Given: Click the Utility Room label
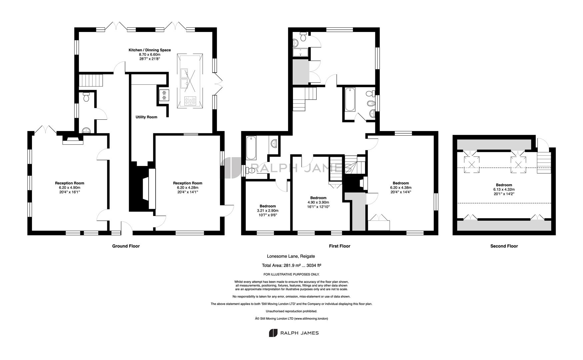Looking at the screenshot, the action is (x=146, y=117).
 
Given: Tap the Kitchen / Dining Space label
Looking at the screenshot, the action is (x=150, y=50).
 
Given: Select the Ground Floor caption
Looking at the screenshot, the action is (x=126, y=246).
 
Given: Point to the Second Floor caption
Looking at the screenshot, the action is (x=504, y=246).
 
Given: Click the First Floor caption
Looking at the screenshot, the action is (x=340, y=246).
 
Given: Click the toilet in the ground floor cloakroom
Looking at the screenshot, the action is (x=86, y=97).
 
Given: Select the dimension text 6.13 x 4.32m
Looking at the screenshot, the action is (x=504, y=189).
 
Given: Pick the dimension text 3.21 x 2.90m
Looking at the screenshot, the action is (x=268, y=211).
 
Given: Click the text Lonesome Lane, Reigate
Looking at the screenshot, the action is (x=291, y=256).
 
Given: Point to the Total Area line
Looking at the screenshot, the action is (x=292, y=266).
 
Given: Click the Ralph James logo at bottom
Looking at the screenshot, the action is (x=294, y=333).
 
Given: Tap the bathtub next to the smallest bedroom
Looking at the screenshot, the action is (x=251, y=148).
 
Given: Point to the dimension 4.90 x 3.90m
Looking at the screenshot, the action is (x=318, y=202).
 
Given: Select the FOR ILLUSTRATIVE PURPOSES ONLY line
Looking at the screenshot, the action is (x=291, y=274).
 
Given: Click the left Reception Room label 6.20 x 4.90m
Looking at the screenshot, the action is (x=69, y=187).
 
